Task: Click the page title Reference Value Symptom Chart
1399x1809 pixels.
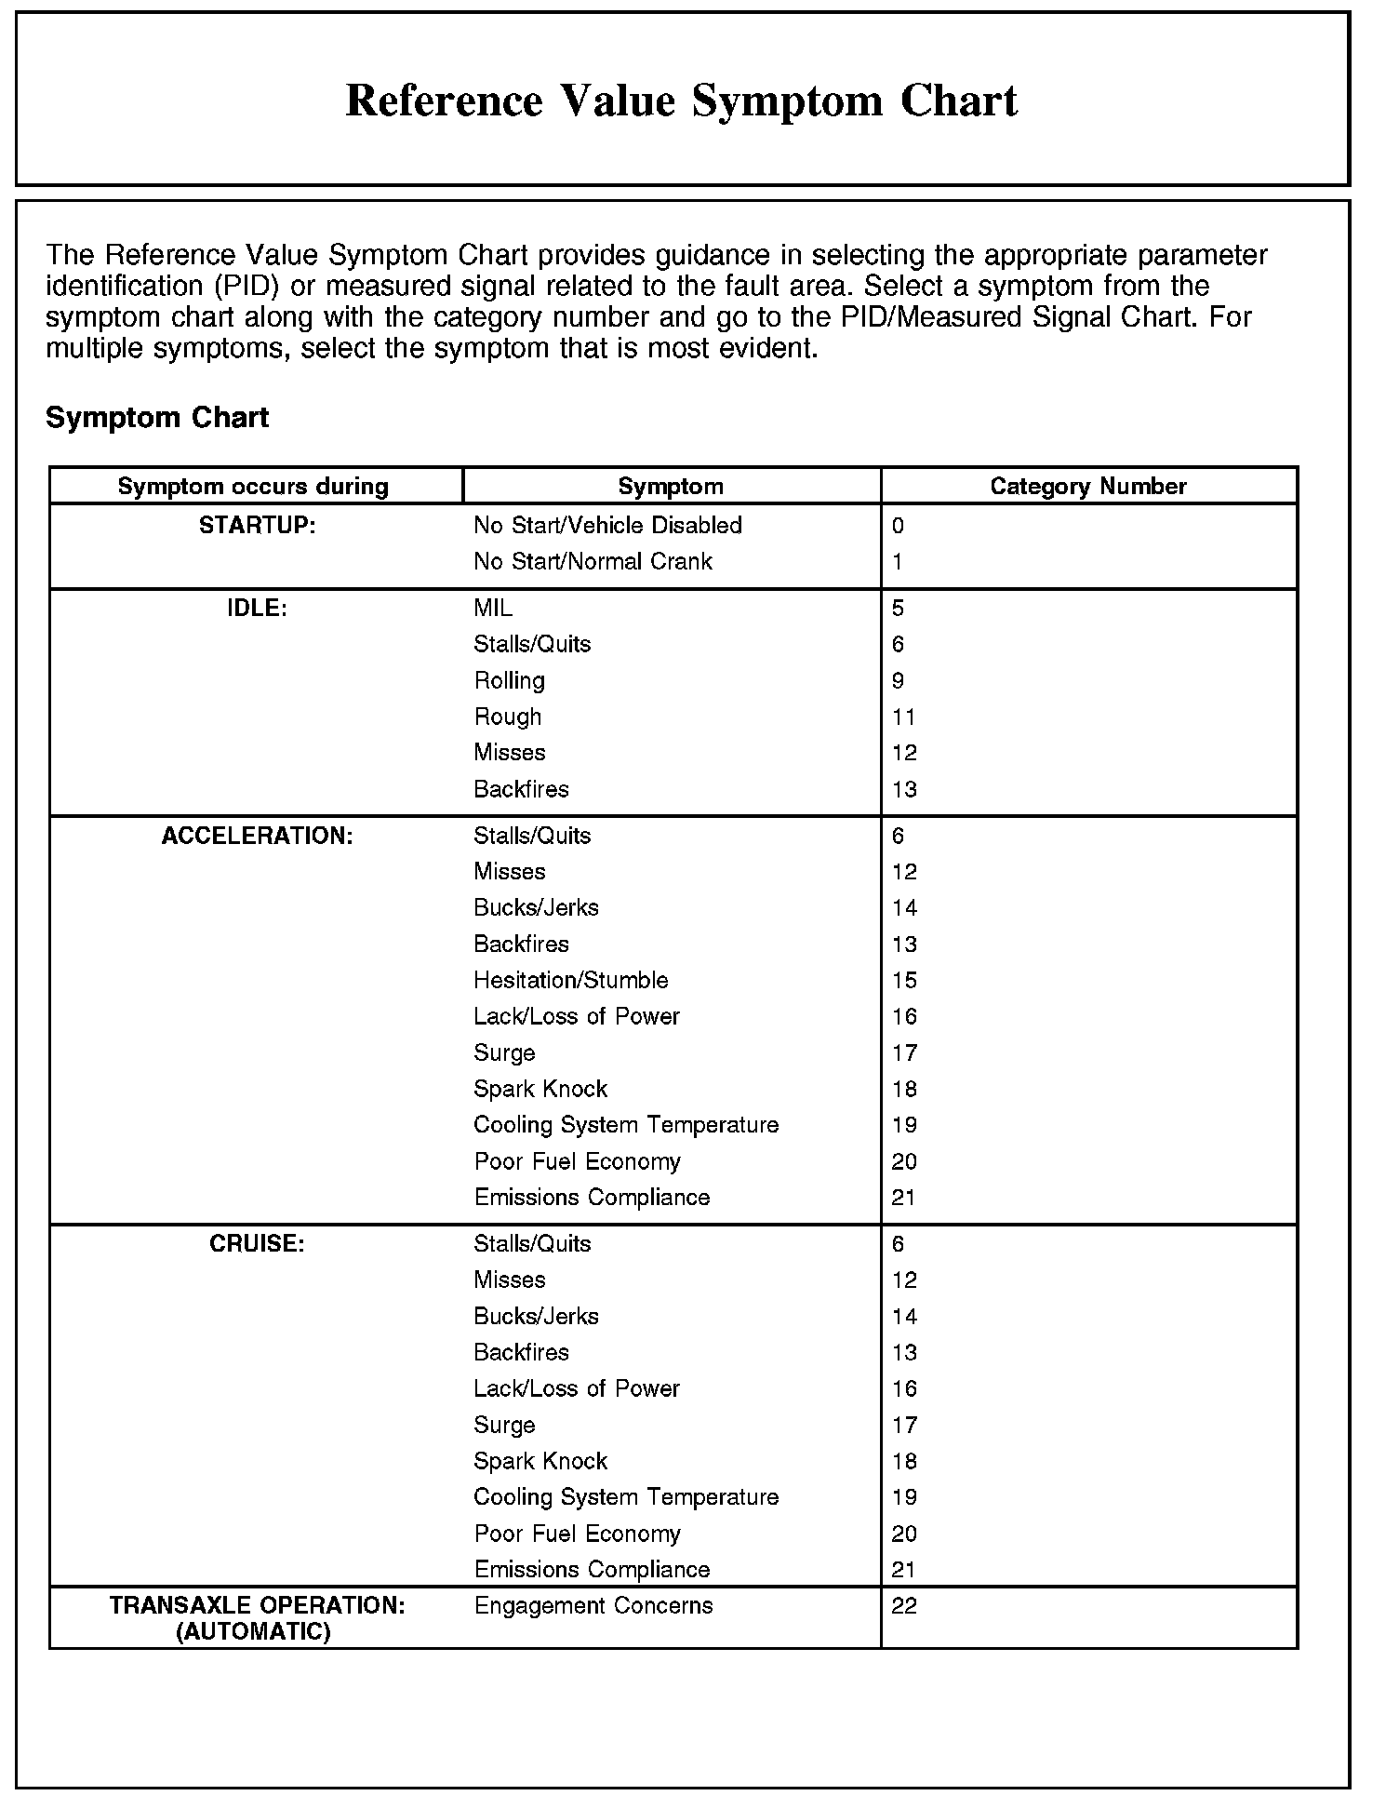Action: [681, 100]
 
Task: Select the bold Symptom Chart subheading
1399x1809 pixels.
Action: [157, 418]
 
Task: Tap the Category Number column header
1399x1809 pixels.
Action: [1087, 486]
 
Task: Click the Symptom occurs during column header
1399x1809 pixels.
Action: [253, 486]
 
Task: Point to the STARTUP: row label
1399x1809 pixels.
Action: [258, 526]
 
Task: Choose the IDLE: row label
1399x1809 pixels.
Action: [257, 609]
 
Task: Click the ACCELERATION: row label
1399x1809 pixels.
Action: [257, 836]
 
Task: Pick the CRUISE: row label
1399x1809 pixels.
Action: [257, 1244]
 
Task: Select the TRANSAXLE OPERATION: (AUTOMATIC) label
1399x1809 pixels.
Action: [257, 1619]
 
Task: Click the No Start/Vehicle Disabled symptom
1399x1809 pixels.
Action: [607, 526]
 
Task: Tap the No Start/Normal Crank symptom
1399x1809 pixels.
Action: [593, 562]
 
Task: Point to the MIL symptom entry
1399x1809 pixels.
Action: [493, 609]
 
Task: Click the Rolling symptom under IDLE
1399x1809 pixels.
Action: [509, 681]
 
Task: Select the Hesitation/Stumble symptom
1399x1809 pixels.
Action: [570, 981]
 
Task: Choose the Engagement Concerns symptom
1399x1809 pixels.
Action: [593, 1606]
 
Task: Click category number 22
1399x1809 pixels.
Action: [904, 1606]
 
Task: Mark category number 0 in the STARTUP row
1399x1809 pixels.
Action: [898, 526]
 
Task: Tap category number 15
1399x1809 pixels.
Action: [904, 981]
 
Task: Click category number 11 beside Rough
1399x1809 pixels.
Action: [904, 717]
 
